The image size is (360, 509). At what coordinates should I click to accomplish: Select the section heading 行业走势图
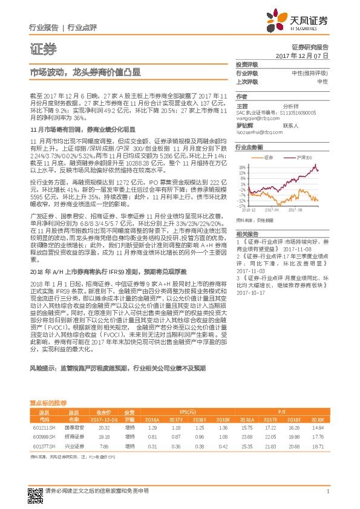(x=249, y=147)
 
